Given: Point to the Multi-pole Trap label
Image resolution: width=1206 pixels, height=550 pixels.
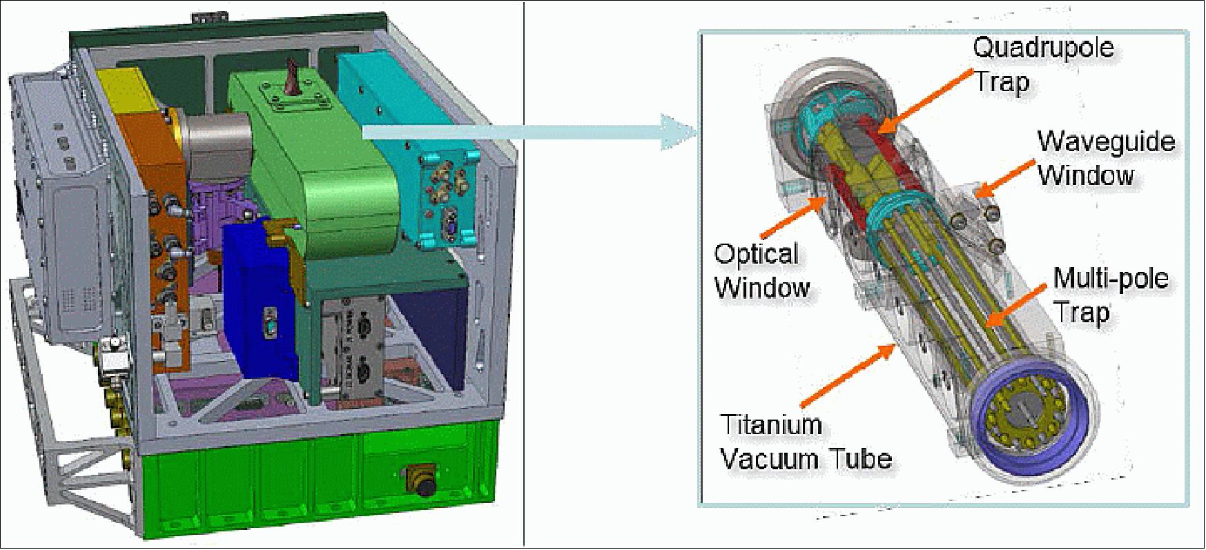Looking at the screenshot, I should point(1109,295).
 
